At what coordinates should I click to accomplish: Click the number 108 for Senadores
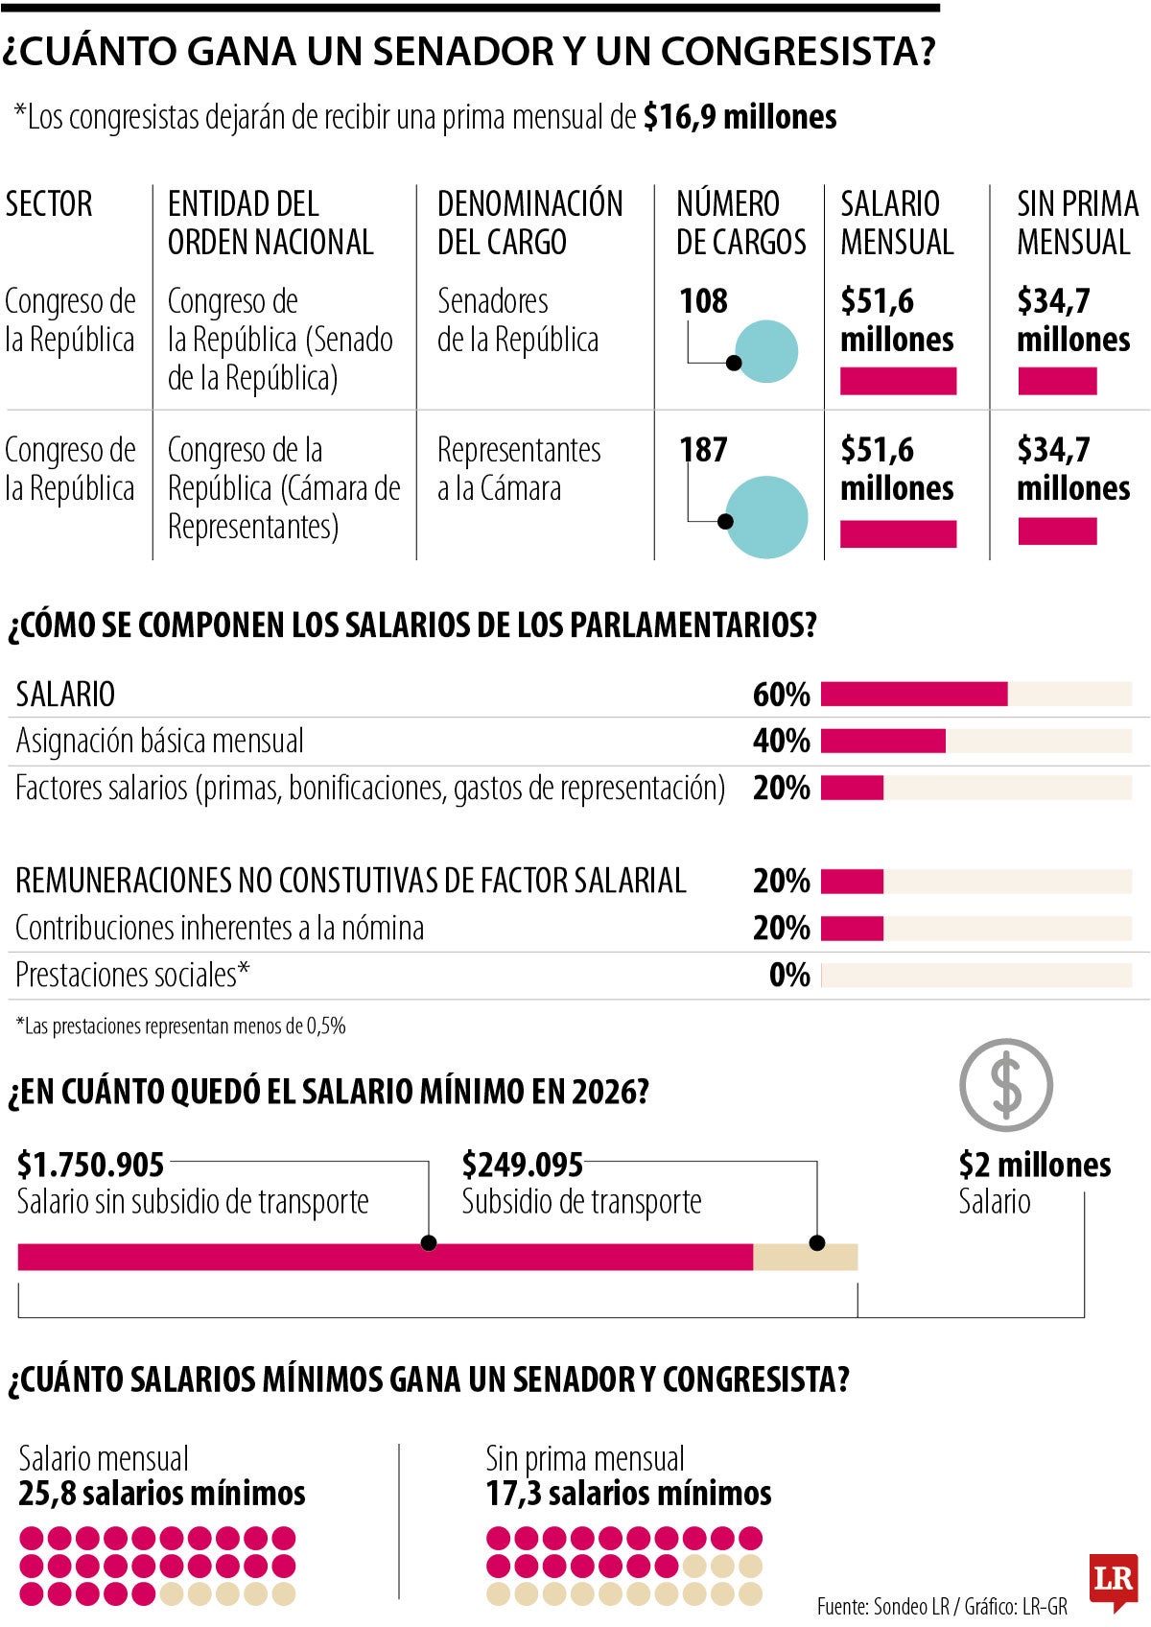pyautogui.click(x=704, y=301)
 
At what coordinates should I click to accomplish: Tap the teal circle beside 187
pyautogui.click(x=767, y=517)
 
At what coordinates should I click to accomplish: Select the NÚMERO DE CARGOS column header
pyautogui.click(x=740, y=223)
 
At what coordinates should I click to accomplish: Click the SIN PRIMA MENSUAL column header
pyautogui.click(x=1076, y=223)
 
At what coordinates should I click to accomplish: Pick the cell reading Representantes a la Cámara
pyautogui.click(x=519, y=469)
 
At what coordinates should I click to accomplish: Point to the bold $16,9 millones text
pyautogui.click(x=740, y=117)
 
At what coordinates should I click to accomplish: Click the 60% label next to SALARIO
pyautogui.click(x=781, y=695)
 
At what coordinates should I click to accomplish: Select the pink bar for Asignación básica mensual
pyautogui.click(x=882, y=741)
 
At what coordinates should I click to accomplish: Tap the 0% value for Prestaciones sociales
pyautogui.click(x=789, y=976)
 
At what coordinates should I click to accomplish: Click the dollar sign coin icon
pyautogui.click(x=1006, y=1086)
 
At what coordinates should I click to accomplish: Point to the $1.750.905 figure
pyautogui.click(x=91, y=1165)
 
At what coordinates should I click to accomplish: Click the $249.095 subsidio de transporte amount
pyautogui.click(x=523, y=1165)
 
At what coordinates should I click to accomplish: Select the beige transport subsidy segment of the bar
pyautogui.click(x=805, y=1257)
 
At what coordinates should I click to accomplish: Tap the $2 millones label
pyautogui.click(x=1034, y=1165)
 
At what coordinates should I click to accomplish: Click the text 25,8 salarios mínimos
pyautogui.click(x=162, y=1494)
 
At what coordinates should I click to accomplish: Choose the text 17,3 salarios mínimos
pyautogui.click(x=628, y=1494)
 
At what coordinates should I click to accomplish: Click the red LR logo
pyautogui.click(x=1113, y=1578)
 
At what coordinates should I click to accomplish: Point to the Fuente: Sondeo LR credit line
pyautogui.click(x=941, y=1606)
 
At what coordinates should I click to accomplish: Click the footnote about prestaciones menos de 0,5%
pyautogui.click(x=180, y=1026)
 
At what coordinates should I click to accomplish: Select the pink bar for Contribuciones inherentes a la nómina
pyautogui.click(x=852, y=929)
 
